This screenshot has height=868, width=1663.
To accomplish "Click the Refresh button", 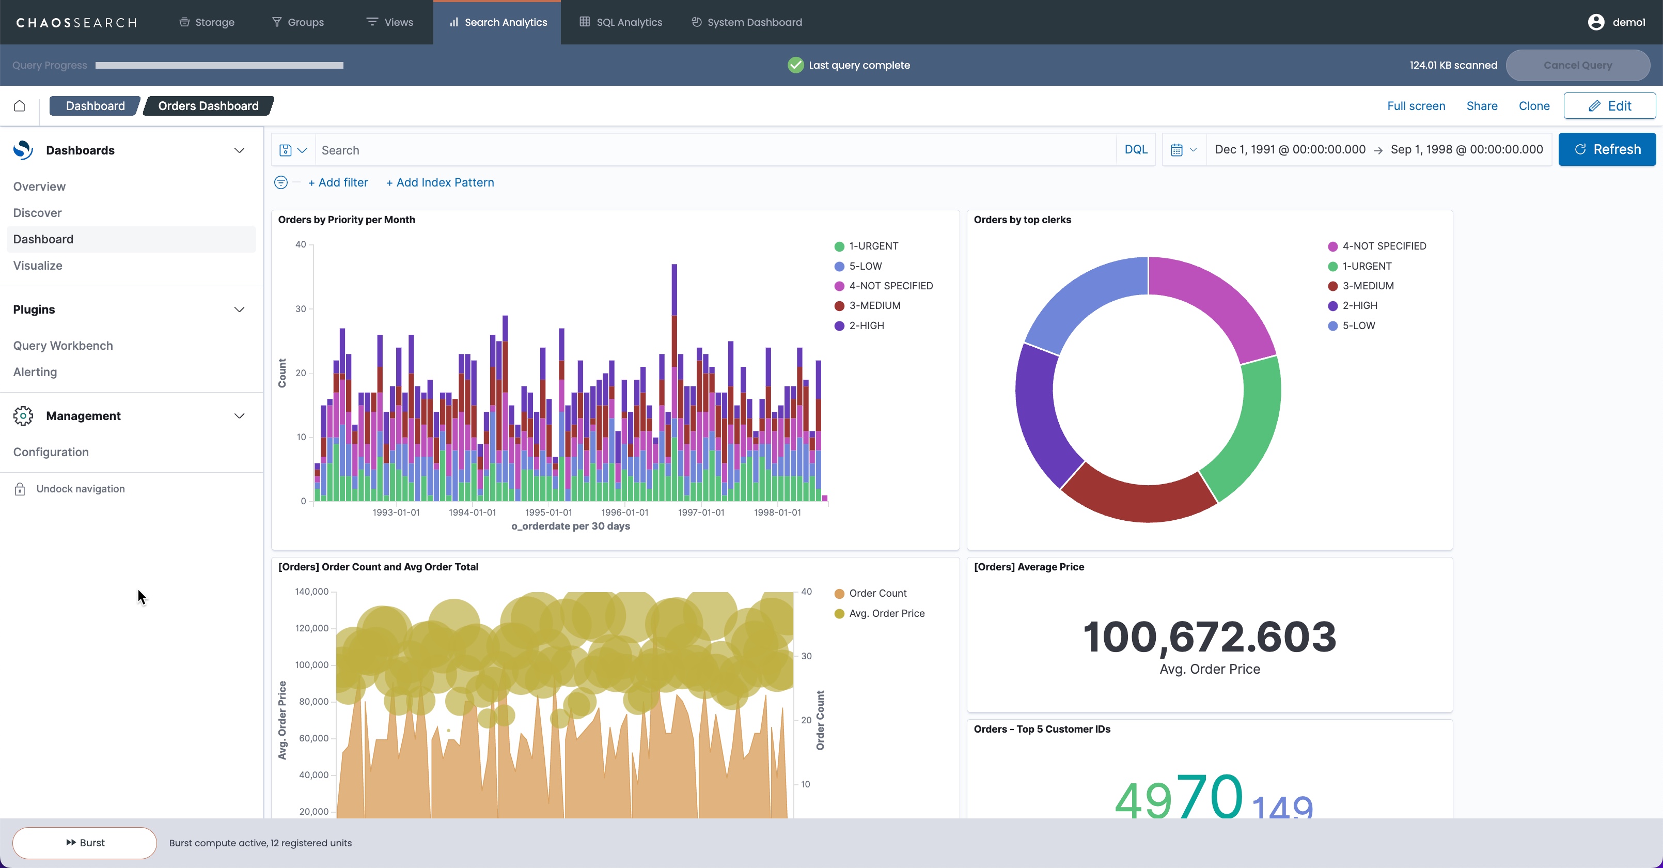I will [1606, 150].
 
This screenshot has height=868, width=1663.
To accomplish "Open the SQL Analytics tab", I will [620, 22].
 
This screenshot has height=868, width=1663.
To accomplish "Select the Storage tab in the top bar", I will [207, 22].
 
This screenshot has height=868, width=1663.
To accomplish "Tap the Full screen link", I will [1416, 106].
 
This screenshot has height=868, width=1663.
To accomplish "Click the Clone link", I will [1533, 106].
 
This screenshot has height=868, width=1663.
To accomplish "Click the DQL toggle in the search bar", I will [1136, 150].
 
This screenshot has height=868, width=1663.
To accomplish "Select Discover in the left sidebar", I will [37, 213].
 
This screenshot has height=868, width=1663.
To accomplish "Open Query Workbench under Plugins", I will [62, 346].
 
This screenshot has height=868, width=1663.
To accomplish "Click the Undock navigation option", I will [80, 489].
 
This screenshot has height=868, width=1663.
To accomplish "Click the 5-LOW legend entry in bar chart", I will [865, 266].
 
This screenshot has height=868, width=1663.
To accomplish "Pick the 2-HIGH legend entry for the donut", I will [1359, 305].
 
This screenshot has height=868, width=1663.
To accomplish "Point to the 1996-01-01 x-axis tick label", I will [624, 513].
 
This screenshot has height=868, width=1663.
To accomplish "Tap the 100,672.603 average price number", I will [1209, 637].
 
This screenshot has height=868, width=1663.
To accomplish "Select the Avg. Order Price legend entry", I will [886, 614].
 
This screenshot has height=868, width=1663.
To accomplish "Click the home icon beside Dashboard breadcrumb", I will [20, 106].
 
